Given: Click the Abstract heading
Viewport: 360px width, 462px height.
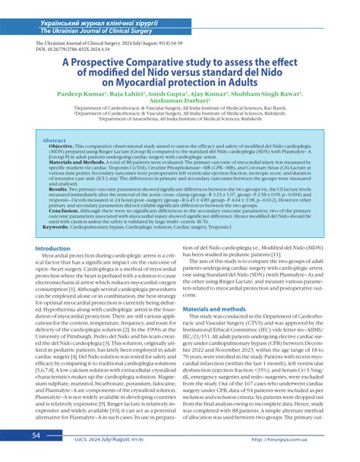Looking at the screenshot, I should point(54,141).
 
